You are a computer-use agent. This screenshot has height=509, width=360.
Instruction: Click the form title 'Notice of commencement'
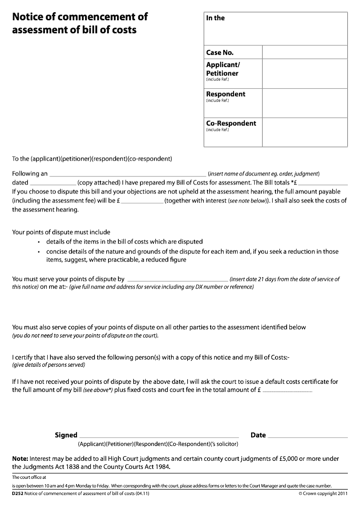click(x=80, y=17)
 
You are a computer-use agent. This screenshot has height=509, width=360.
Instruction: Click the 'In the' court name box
click(x=275, y=28)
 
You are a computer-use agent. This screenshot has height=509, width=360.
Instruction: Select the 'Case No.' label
click(x=220, y=53)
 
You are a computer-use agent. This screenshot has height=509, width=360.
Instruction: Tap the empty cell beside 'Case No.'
click(x=305, y=52)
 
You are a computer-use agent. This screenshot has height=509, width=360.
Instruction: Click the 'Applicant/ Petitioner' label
click(x=222, y=69)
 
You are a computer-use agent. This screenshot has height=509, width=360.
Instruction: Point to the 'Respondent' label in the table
click(x=225, y=94)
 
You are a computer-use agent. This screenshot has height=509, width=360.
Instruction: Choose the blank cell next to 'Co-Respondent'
click(x=305, y=132)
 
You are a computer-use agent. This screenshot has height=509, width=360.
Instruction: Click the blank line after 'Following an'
click(x=127, y=175)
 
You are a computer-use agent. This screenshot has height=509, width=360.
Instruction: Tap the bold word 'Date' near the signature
click(x=258, y=435)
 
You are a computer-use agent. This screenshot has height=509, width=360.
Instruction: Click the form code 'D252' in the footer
click(x=18, y=494)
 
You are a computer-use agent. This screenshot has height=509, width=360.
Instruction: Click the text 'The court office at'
click(x=29, y=477)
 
